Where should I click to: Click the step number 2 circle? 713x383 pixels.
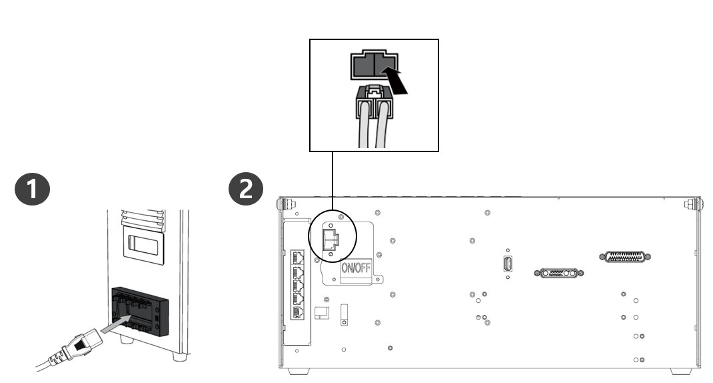click(246, 189)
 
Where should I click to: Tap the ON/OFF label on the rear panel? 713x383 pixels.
click(356, 269)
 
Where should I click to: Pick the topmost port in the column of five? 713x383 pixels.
click(297, 257)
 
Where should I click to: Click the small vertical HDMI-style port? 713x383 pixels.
click(508, 263)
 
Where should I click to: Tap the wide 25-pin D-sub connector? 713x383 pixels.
click(626, 256)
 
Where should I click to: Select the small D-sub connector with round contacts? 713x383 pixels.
click(558, 273)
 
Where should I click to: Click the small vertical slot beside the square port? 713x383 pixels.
click(344, 314)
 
